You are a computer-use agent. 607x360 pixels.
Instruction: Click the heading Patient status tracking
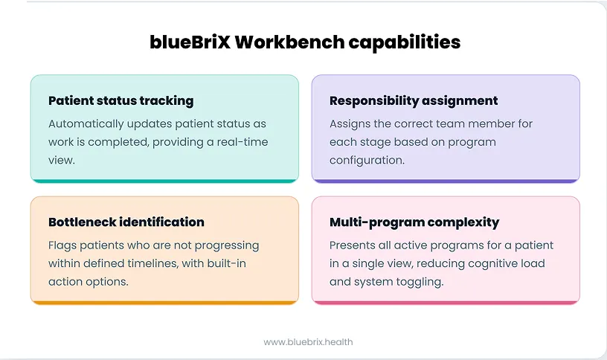(121, 100)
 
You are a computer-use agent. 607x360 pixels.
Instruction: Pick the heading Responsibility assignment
(414, 100)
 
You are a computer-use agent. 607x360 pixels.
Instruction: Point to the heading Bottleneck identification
(126, 222)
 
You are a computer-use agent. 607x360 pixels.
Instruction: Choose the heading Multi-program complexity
(414, 222)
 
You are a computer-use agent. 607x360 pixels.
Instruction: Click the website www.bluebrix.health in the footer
(308, 341)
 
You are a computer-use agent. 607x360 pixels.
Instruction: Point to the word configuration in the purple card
(366, 159)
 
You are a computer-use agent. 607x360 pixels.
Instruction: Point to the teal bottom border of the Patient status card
(164, 181)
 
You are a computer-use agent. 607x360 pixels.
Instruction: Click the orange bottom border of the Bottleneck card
(164, 302)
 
